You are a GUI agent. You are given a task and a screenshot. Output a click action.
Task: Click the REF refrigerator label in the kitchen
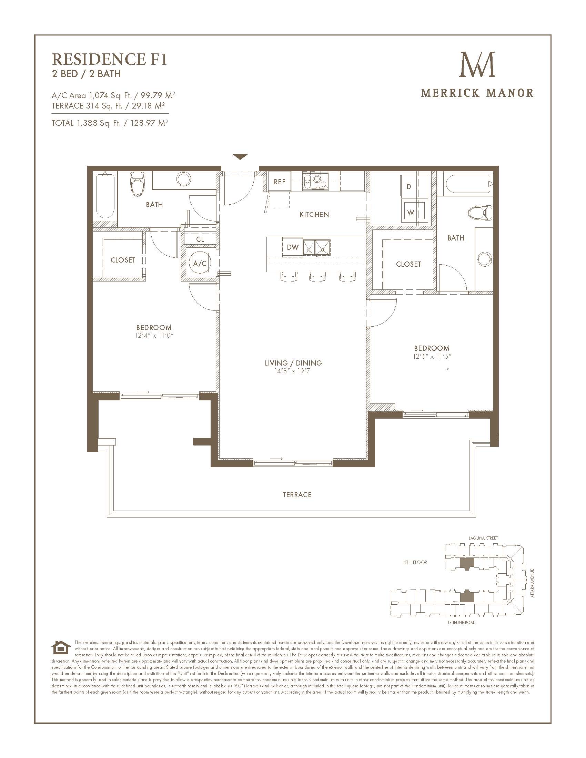click(x=280, y=182)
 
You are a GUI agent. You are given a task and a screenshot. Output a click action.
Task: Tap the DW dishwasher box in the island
click(x=293, y=247)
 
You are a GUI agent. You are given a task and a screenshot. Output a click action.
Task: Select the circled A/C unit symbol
click(x=200, y=264)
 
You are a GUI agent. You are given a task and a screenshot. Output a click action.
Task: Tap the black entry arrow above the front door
click(x=240, y=157)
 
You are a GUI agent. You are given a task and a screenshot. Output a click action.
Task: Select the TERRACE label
click(x=297, y=494)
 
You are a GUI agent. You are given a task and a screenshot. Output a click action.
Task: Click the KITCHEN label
click(x=314, y=215)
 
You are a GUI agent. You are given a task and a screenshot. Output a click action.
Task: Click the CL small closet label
click(x=200, y=239)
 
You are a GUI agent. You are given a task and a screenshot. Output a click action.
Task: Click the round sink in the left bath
click(x=183, y=179)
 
